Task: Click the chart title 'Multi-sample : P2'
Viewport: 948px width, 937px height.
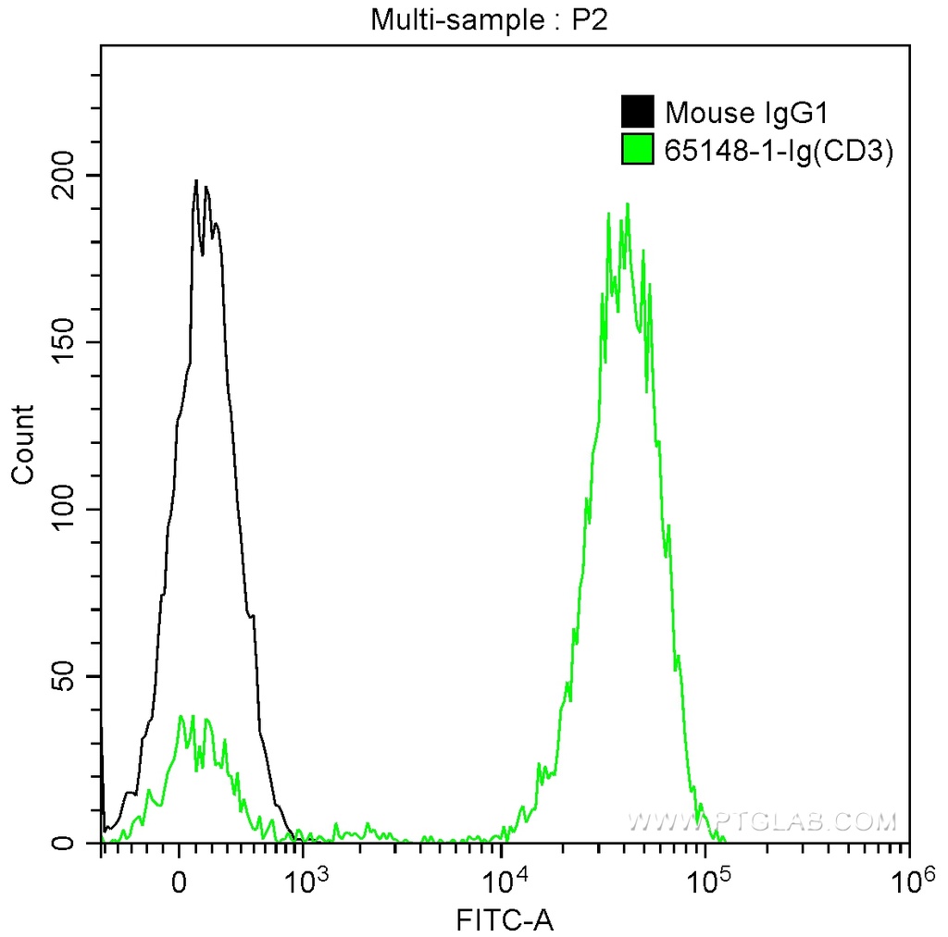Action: coord(488,19)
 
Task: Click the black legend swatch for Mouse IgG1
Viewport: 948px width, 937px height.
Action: coord(637,112)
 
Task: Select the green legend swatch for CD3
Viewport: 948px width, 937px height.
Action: coord(637,149)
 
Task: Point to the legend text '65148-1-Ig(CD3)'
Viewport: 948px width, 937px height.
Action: coord(779,150)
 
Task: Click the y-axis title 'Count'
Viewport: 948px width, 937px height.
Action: coord(22,444)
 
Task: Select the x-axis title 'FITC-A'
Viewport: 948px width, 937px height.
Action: coord(503,919)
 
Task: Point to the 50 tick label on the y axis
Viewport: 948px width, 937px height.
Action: coord(70,676)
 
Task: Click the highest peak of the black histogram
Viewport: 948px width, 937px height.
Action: coord(195,181)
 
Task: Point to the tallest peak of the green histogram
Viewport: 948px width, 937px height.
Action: coord(628,204)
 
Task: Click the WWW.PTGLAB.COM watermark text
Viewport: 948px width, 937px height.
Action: coord(762,820)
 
